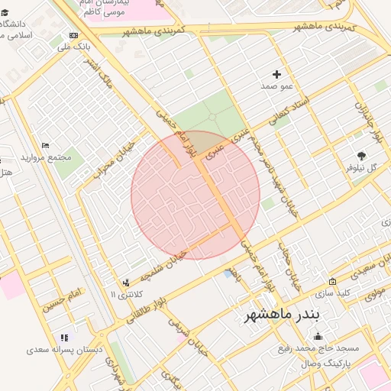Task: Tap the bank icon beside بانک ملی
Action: (x=73, y=36)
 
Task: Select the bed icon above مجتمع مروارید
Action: (x=45, y=145)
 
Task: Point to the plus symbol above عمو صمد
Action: (x=276, y=75)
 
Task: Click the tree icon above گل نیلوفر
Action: (x=361, y=153)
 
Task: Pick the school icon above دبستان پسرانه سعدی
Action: (x=64, y=337)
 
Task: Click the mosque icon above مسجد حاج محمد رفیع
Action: (x=318, y=337)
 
